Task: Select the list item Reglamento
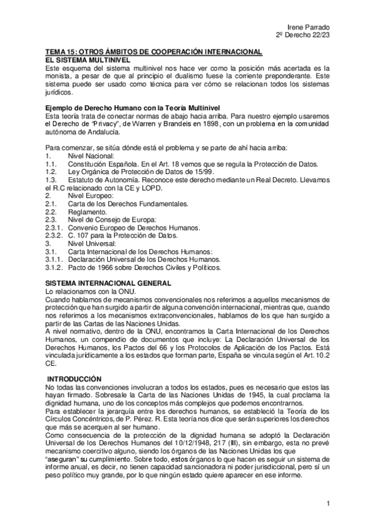pyautogui.click(x=88, y=212)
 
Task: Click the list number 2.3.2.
pyautogui.click(x=55, y=235)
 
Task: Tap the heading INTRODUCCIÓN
pyautogui.click(x=74, y=379)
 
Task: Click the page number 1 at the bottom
pyautogui.click(x=328, y=503)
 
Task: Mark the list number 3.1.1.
pyautogui.click(x=55, y=259)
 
